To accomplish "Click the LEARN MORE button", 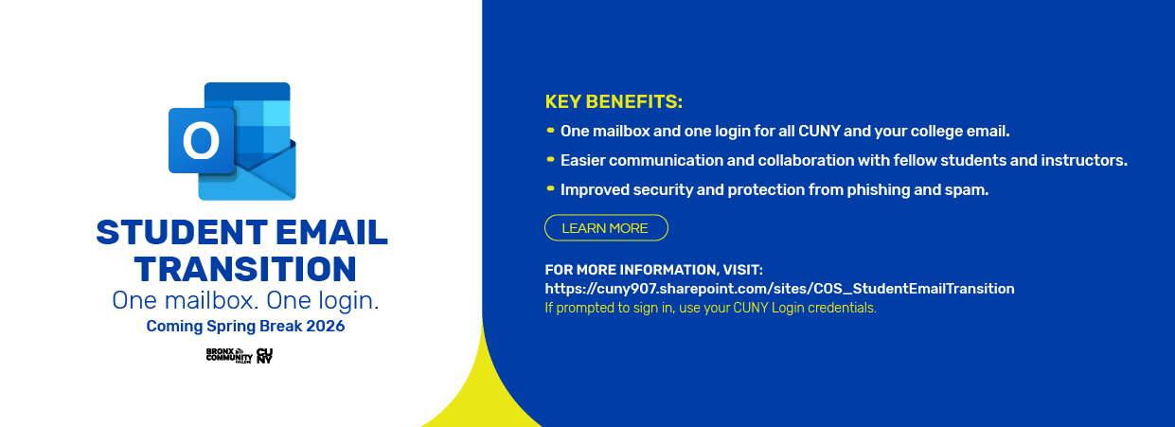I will click(605, 228).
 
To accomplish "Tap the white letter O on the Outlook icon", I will click(201, 142).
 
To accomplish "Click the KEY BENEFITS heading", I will click(614, 102).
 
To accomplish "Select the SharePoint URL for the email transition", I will click(779, 289).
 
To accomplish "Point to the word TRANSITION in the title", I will click(245, 269).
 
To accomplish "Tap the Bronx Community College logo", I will click(227, 356).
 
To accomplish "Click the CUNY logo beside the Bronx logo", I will click(264, 356).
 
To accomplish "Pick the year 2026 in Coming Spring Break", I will click(325, 327).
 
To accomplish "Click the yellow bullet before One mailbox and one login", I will click(550, 130).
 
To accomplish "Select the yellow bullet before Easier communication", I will click(550, 159).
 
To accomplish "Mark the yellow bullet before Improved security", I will click(550, 188).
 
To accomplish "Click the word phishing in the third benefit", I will click(903, 190).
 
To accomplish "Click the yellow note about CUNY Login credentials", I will click(710, 308).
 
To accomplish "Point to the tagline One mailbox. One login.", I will click(245, 301).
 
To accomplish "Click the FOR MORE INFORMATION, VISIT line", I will click(653, 270).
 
